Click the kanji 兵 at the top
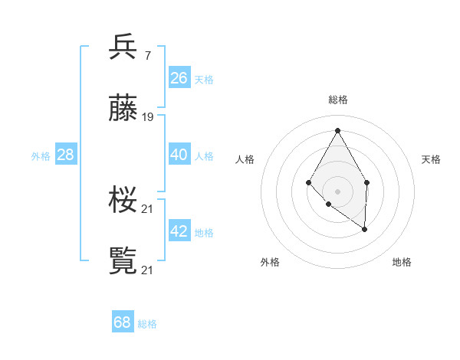tap(123, 47)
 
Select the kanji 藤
tap(123, 109)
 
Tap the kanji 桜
tap(123, 201)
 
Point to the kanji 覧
tap(123, 261)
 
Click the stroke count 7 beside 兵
tap(147, 55)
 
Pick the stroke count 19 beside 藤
tap(148, 117)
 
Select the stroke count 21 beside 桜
tap(148, 208)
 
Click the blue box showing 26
tap(179, 77)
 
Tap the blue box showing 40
tap(179, 155)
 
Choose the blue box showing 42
tap(179, 231)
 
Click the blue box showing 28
tap(66, 155)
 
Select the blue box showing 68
tap(123, 322)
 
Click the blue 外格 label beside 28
tap(41, 156)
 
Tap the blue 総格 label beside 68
tap(147, 324)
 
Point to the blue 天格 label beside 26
tap(204, 79)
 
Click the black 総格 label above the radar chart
tap(337, 100)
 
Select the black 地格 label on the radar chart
tap(402, 262)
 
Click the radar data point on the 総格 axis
tap(337, 130)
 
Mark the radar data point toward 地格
tap(365, 228)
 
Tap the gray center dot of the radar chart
tap(337, 191)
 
